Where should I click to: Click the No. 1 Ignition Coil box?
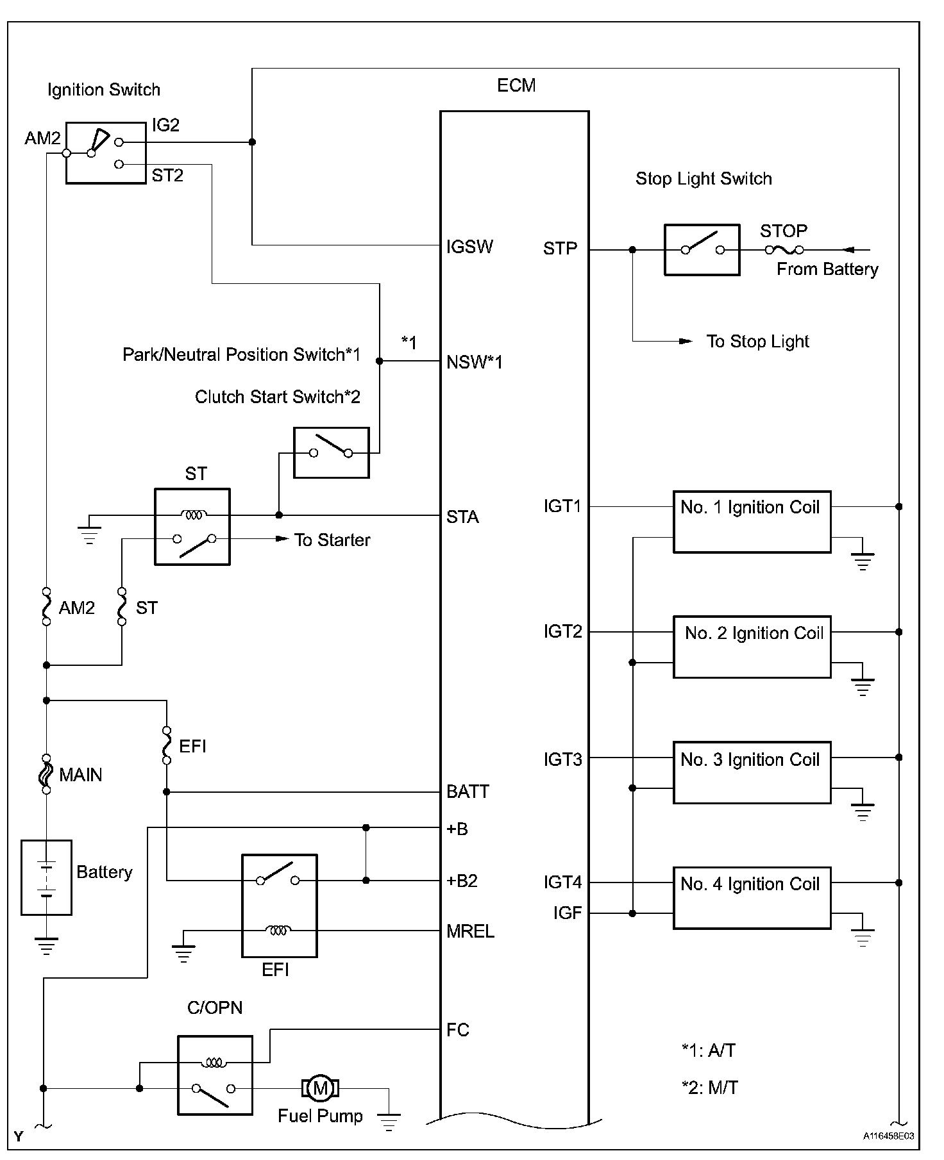752,522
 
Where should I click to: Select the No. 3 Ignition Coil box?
752,772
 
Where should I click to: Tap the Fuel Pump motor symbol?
320,1088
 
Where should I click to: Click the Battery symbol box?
46,877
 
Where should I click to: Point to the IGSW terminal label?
469,247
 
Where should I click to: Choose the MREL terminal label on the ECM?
470,931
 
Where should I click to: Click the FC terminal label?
458,1030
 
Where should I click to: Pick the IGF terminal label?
568,913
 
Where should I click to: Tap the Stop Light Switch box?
702,250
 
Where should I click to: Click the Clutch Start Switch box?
331,452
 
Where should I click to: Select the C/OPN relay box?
215,1075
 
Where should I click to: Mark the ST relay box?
192,526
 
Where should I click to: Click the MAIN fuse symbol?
46,774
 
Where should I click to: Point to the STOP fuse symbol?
784,250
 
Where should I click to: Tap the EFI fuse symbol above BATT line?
167,745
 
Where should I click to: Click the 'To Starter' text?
332,540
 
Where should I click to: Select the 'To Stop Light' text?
757,342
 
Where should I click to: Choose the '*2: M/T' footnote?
709,1088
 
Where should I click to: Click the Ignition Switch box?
106,153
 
